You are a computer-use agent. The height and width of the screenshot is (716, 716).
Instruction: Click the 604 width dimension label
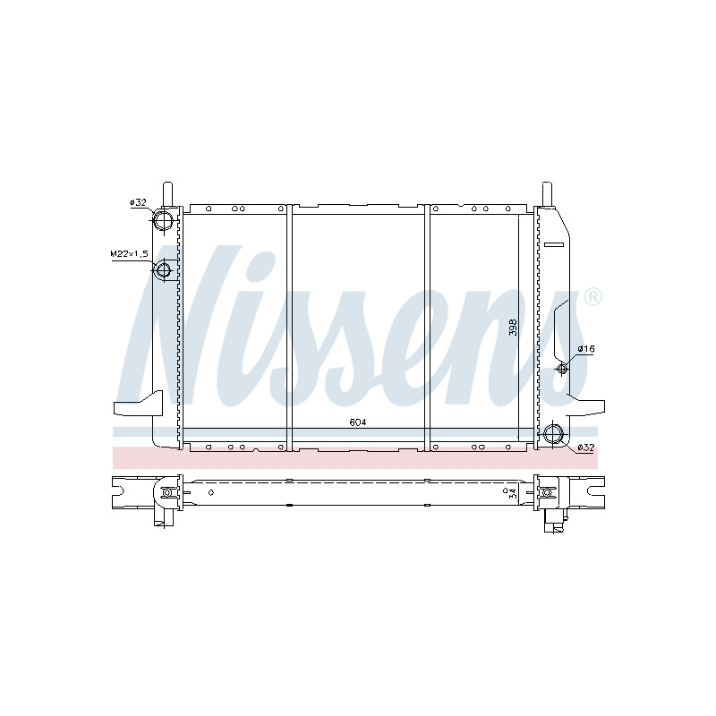point(358,422)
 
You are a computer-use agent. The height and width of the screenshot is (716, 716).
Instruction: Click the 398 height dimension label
point(513,328)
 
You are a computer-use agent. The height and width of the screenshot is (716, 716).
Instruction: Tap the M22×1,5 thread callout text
point(130,254)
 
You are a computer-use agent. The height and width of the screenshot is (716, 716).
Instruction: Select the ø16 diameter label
point(586,349)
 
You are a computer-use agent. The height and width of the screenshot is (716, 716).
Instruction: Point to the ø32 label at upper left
point(138,202)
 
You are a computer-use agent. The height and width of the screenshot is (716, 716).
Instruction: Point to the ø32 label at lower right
point(586,448)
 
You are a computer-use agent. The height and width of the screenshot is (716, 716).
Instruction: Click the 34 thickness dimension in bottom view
point(513,493)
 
